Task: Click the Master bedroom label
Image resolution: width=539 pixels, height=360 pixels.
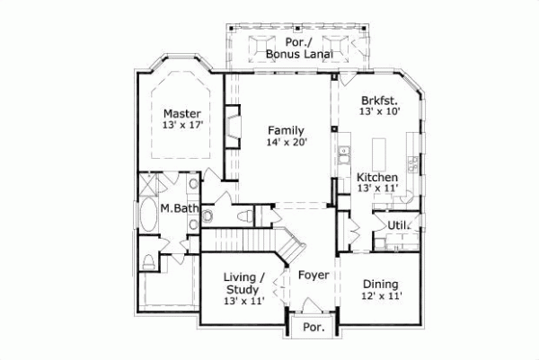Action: (181, 114)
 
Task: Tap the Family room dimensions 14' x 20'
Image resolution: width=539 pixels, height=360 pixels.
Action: (287, 142)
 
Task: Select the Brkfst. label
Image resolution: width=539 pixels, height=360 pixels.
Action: (378, 101)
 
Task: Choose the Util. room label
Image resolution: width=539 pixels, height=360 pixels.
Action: (397, 224)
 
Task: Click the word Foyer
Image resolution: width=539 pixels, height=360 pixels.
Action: (314, 275)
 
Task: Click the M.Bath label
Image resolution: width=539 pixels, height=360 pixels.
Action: (179, 209)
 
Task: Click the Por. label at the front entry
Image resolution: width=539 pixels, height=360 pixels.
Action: (313, 328)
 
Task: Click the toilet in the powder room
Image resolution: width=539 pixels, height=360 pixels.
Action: (243, 216)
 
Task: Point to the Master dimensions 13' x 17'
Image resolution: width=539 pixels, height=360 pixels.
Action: (181, 127)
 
